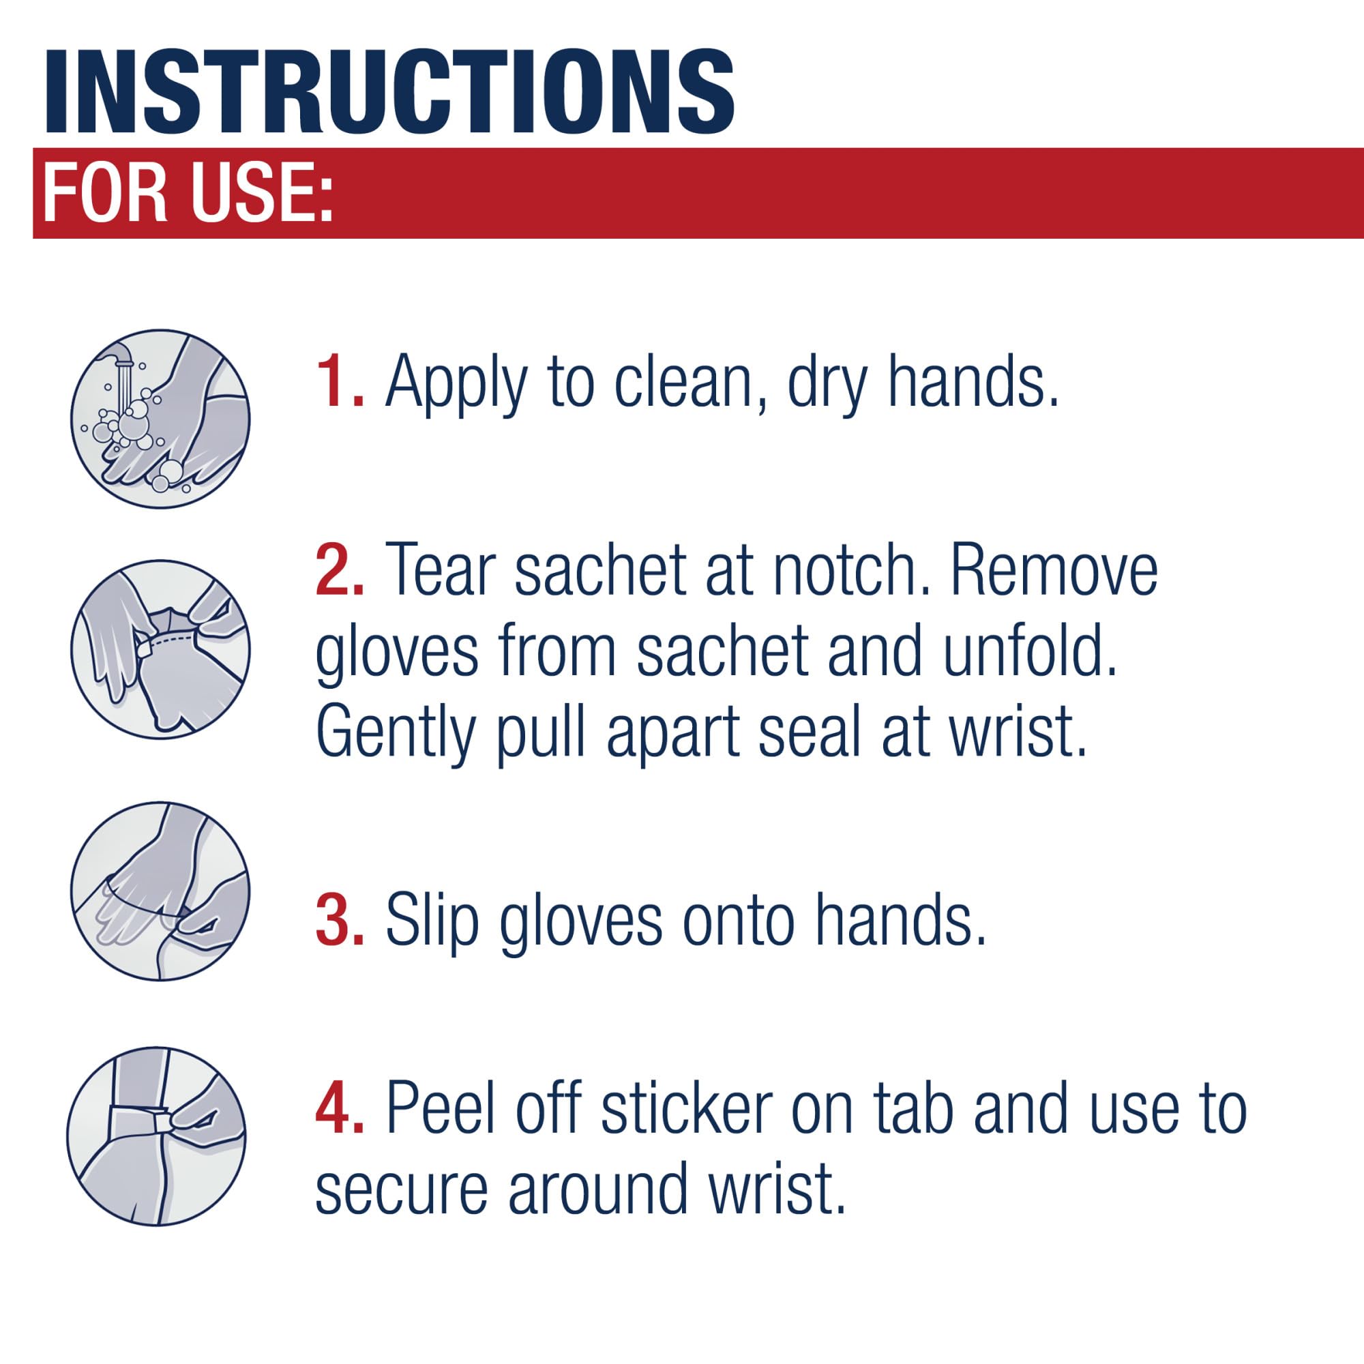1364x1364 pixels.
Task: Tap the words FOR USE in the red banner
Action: pyautogui.click(x=187, y=193)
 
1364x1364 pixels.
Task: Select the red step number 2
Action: pyautogui.click(x=340, y=569)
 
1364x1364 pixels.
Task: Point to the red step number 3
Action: pyautogui.click(x=340, y=920)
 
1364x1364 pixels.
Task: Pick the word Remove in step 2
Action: pyautogui.click(x=1056, y=569)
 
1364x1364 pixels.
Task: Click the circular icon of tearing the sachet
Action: pyautogui.click(x=161, y=649)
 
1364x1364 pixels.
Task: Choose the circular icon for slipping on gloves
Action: pyautogui.click(x=161, y=891)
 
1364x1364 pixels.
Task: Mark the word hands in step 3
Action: pyautogui.click(x=900, y=920)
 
